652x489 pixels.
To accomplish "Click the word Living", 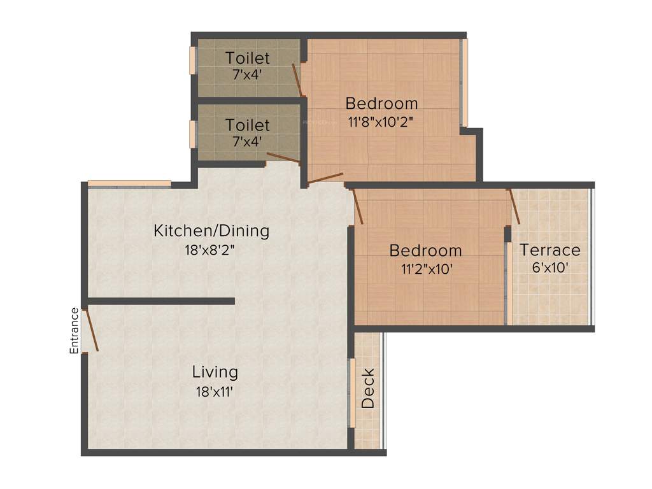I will (215, 372).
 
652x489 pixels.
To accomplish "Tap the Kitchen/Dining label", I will (211, 230).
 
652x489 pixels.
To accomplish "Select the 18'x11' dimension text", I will (215, 392).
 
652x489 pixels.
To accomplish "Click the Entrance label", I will (74, 330).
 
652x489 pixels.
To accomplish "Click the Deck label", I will (368, 388).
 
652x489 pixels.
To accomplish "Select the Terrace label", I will (550, 250).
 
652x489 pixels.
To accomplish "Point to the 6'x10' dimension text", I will (550, 268).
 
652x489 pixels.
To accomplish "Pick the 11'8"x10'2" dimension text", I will (381, 122).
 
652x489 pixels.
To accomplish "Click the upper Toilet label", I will (247, 59).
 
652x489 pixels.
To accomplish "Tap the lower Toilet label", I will (247, 125).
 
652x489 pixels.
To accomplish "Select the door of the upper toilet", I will (297, 80).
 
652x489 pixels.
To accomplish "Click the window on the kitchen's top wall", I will (129, 184).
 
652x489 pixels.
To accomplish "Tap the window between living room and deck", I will (351, 393).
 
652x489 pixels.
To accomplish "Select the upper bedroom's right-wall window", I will (464, 83).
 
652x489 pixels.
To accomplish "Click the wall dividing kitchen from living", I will (160, 301).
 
